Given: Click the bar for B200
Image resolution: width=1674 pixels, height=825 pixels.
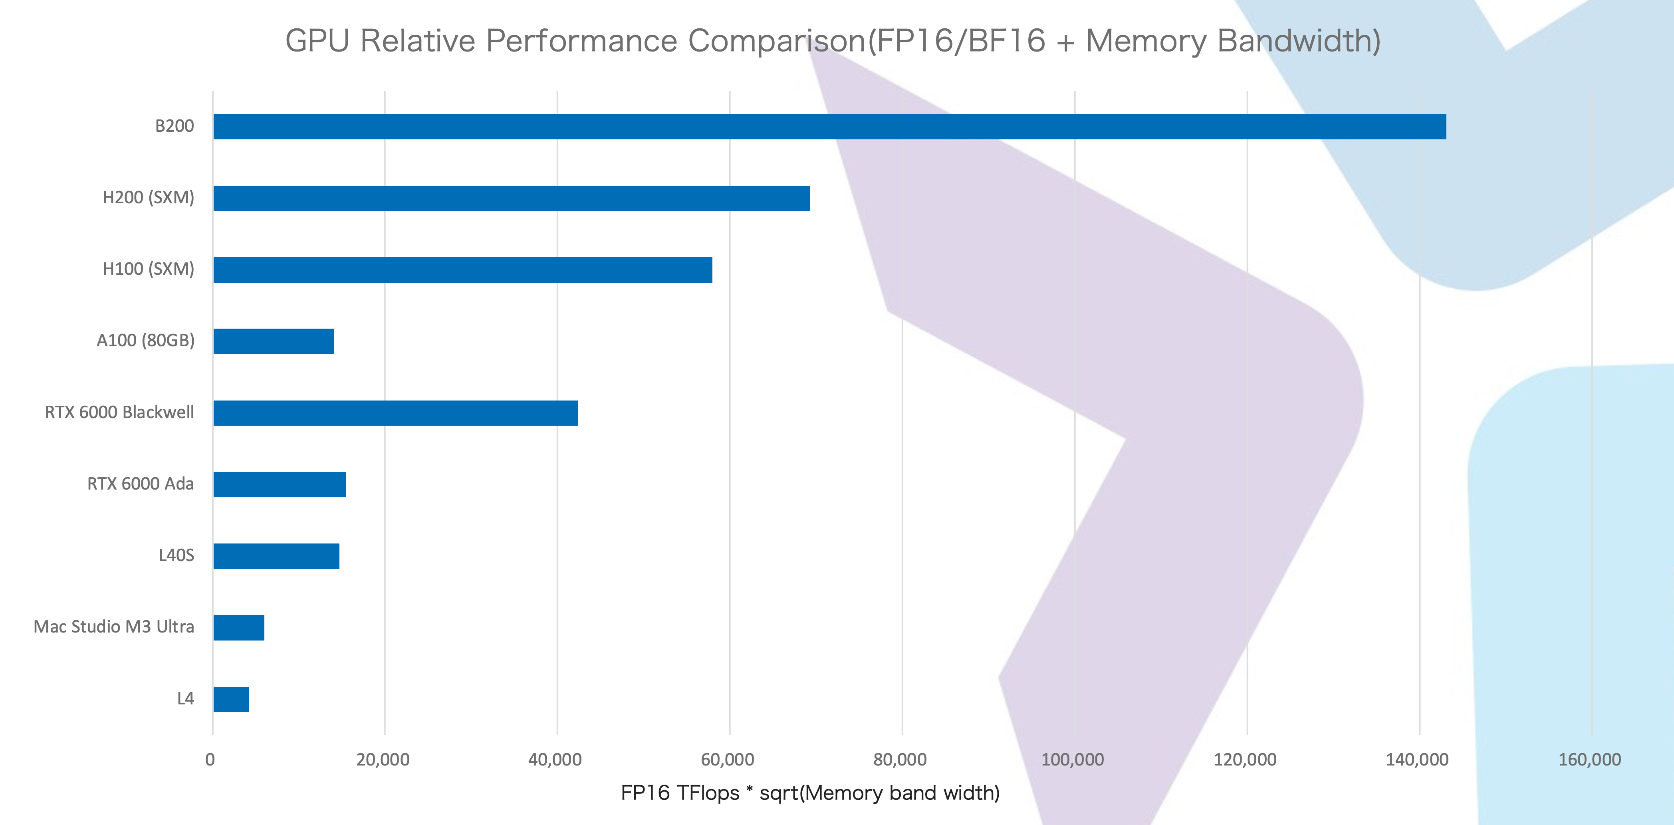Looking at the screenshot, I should pyautogui.click(x=829, y=127).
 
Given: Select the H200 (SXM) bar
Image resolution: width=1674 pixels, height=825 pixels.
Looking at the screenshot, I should pyautogui.click(x=512, y=198).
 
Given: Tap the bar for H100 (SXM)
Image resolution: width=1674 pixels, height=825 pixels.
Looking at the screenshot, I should pyautogui.click(x=463, y=270).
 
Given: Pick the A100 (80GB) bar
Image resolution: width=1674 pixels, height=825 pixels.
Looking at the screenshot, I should pyautogui.click(x=274, y=341).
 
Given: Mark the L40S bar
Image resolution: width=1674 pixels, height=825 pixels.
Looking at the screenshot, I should pyautogui.click(x=276, y=556).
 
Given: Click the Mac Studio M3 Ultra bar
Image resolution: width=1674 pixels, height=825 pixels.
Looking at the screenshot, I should pyautogui.click(x=238, y=627).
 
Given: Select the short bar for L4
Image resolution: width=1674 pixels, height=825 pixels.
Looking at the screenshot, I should pyautogui.click(x=231, y=699).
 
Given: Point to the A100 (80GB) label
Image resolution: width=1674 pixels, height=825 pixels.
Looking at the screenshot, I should pyautogui.click(x=146, y=340).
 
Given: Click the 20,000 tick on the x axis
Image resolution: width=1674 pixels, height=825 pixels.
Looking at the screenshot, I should pyautogui.click(x=383, y=760).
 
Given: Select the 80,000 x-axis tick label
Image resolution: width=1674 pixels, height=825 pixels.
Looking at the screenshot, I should pyautogui.click(x=900, y=760).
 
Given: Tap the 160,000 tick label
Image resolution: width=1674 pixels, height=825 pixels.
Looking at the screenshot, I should pyautogui.click(x=1589, y=760).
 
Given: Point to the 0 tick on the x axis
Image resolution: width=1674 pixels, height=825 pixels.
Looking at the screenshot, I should pyautogui.click(x=210, y=760).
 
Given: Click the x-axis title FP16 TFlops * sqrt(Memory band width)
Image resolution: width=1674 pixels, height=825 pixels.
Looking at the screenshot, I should pyautogui.click(x=810, y=793).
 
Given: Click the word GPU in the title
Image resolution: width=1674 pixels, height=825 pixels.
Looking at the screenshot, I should pyautogui.click(x=317, y=41).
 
